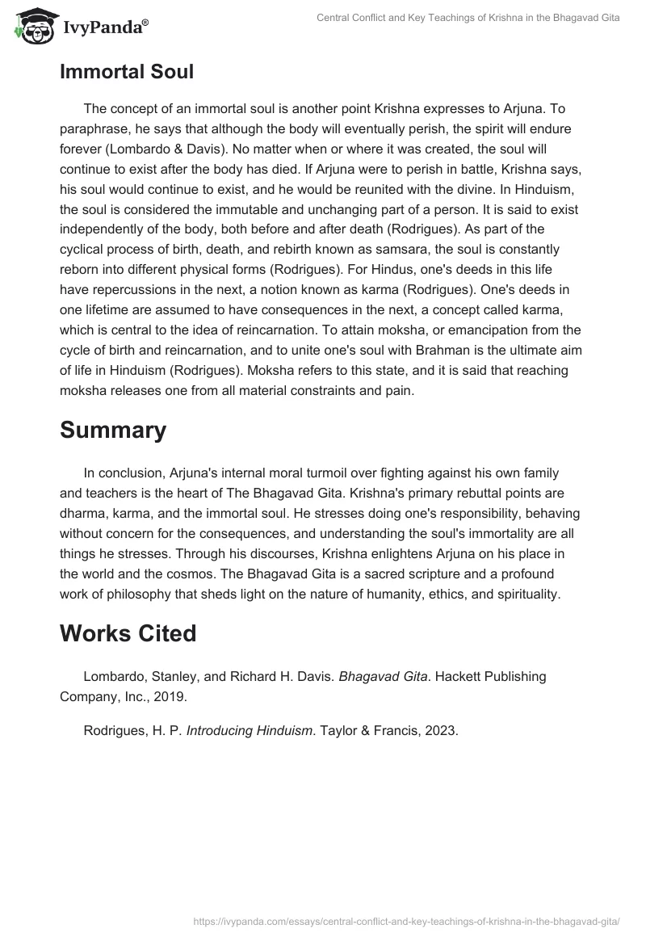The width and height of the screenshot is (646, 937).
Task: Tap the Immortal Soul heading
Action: pyautogui.click(x=127, y=71)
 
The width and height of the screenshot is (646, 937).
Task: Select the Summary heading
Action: pyautogui.click(x=113, y=430)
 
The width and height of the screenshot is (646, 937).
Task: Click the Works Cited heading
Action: pyautogui.click(x=128, y=633)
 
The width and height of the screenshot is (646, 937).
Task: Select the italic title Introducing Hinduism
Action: pyautogui.click(x=250, y=731)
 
